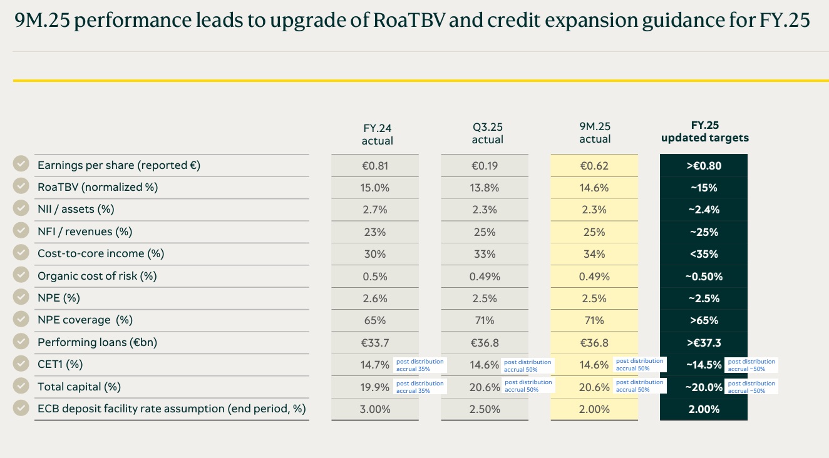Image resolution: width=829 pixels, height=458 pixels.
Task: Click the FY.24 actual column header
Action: point(378,134)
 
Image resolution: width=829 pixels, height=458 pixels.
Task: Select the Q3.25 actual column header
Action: point(487,134)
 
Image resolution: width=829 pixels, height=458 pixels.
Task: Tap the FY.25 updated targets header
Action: point(704,131)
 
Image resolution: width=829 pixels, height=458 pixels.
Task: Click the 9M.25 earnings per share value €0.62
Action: point(594,166)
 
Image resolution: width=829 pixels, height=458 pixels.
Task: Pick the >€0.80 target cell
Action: point(704,166)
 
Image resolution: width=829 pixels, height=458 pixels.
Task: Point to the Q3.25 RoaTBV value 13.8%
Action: point(485,188)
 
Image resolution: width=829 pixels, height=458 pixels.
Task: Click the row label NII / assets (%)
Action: point(76,210)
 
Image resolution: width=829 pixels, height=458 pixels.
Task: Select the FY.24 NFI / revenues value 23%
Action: point(375,232)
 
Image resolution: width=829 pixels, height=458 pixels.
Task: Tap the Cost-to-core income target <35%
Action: point(704,254)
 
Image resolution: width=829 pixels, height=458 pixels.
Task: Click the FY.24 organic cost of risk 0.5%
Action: point(375,277)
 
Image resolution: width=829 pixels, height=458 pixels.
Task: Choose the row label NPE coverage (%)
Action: point(85,320)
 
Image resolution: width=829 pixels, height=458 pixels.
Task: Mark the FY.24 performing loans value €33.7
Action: point(375,343)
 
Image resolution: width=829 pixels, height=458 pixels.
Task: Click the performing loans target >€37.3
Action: point(704,343)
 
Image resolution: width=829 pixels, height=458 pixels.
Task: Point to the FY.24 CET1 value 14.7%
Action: point(375,365)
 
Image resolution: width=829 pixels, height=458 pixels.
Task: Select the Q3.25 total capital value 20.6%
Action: point(485,387)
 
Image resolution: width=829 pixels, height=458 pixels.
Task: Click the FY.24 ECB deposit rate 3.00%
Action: point(375,409)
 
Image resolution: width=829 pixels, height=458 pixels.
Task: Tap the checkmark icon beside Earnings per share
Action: point(21,164)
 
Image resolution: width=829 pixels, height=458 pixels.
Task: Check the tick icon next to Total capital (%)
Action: point(21,386)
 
